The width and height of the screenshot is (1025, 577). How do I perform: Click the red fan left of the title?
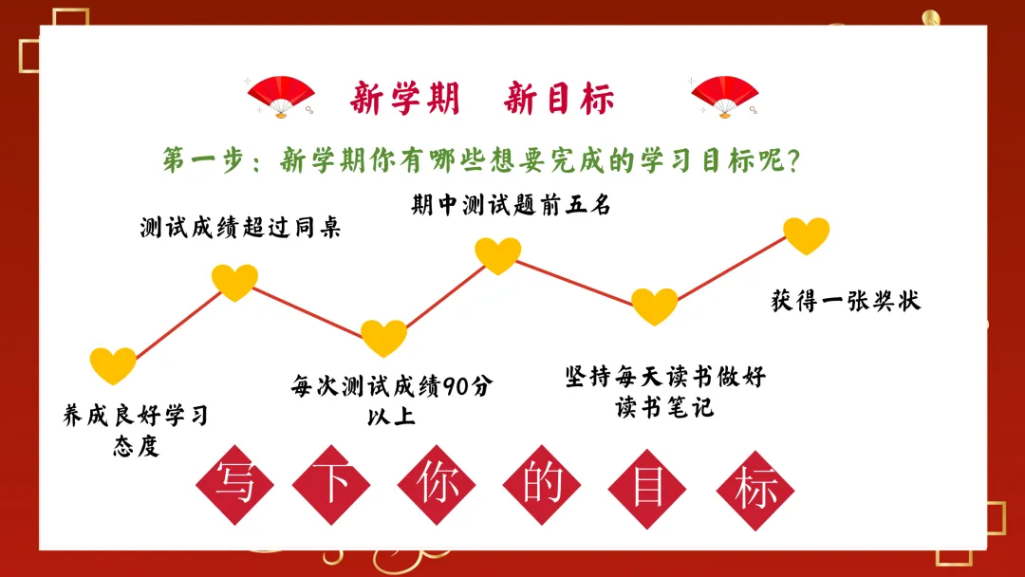(281, 96)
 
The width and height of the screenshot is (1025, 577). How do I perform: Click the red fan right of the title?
(724, 96)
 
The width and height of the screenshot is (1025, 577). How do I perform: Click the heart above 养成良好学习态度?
(113, 365)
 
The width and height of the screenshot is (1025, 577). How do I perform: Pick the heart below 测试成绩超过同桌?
(234, 282)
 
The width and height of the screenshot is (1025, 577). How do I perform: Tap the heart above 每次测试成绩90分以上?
(384, 337)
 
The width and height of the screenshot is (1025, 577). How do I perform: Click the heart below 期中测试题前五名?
(498, 255)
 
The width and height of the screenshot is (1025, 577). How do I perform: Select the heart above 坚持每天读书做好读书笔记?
(655, 306)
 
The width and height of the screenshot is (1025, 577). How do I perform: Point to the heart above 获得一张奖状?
(807, 235)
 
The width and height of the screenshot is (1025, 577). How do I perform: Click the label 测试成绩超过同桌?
(239, 228)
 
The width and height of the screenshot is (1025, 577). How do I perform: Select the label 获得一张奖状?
(846, 302)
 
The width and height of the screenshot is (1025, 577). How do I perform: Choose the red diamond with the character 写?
(234, 486)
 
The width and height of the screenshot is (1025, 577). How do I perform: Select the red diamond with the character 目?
(648, 486)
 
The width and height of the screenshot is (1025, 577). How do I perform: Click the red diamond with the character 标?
(755, 486)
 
